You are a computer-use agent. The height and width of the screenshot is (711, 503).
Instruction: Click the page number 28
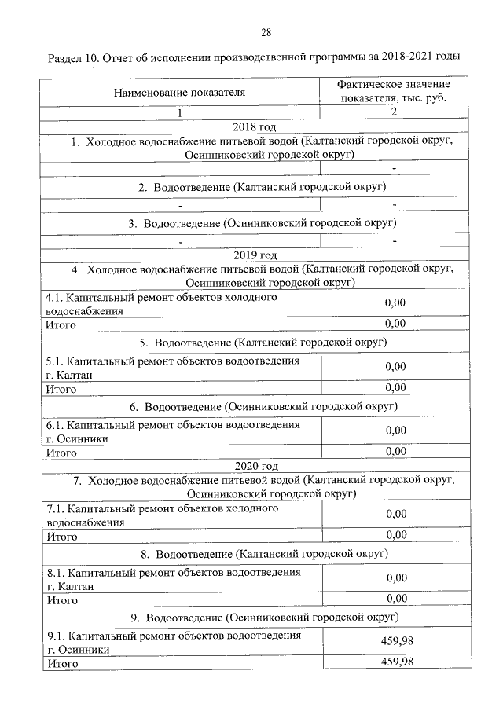point(265,32)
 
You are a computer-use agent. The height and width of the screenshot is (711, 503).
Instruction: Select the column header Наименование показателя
point(179,92)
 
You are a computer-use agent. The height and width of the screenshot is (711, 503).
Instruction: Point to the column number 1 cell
point(179,112)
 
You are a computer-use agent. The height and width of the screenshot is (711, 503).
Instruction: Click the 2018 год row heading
point(253,126)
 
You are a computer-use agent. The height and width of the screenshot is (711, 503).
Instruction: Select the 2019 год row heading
point(253,255)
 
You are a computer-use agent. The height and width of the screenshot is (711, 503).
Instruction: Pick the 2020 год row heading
point(253,466)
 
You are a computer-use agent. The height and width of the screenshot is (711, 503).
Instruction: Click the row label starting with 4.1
point(163,304)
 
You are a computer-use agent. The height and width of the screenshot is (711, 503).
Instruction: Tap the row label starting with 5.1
point(173,368)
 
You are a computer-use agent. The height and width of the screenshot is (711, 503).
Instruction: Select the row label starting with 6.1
point(173,431)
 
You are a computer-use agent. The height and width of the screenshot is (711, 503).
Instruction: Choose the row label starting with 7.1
point(163,515)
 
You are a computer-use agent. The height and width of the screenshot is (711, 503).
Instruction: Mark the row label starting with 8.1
point(173,579)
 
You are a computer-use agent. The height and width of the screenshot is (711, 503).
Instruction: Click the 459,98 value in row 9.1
point(396,641)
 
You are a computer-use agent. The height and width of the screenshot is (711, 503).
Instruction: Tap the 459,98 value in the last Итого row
point(396,662)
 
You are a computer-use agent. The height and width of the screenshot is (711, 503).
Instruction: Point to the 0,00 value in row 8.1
point(396,577)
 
